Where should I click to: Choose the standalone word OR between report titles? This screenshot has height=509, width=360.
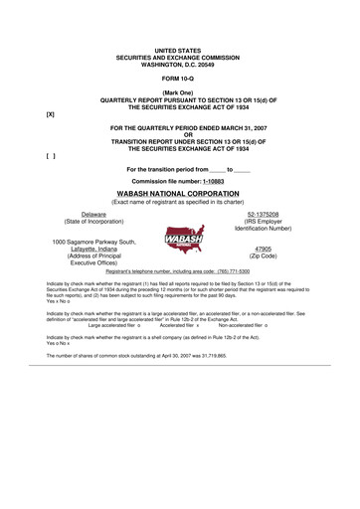(x=180, y=136)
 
